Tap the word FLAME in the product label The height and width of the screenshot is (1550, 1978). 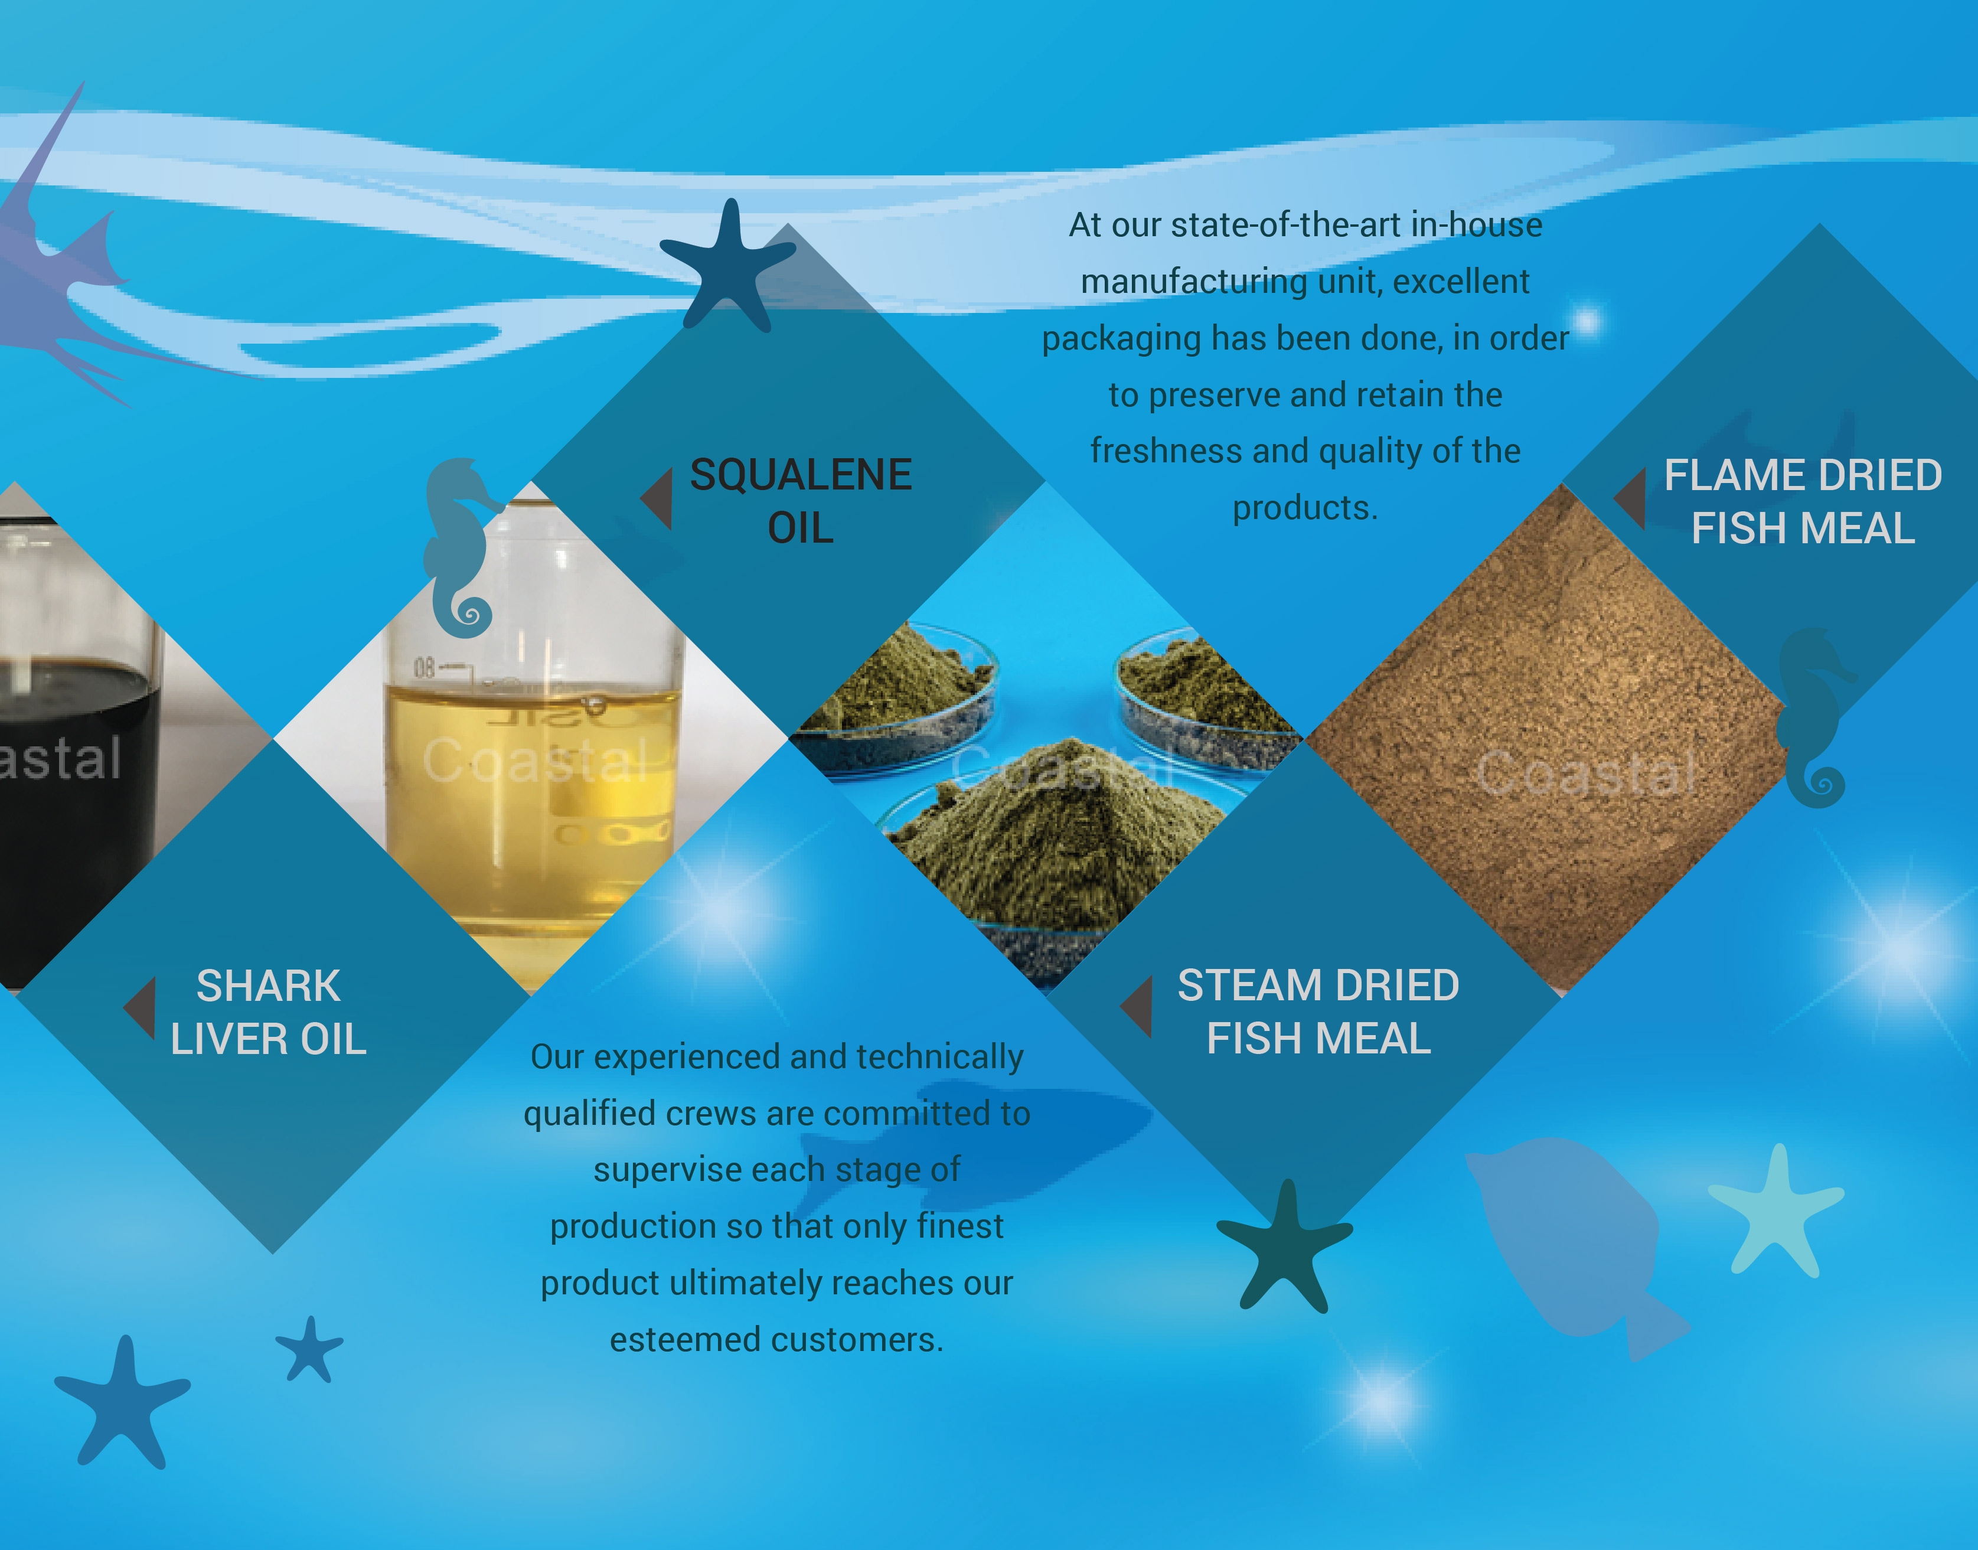(1726, 475)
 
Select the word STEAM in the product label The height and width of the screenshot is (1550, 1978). (1245, 986)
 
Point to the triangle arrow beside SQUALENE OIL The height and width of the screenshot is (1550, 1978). (657, 498)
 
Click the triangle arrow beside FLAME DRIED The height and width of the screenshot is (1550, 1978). (1630, 498)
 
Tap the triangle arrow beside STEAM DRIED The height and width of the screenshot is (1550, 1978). (1136, 1006)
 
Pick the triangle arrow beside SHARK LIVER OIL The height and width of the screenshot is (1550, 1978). (140, 1007)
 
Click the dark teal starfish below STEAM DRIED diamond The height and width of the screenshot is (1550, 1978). (1284, 1245)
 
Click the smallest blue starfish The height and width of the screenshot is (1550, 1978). (309, 1349)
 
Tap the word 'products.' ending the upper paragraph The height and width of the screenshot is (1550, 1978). (1305, 508)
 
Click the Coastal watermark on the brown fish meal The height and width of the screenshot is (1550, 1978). (1586, 773)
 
